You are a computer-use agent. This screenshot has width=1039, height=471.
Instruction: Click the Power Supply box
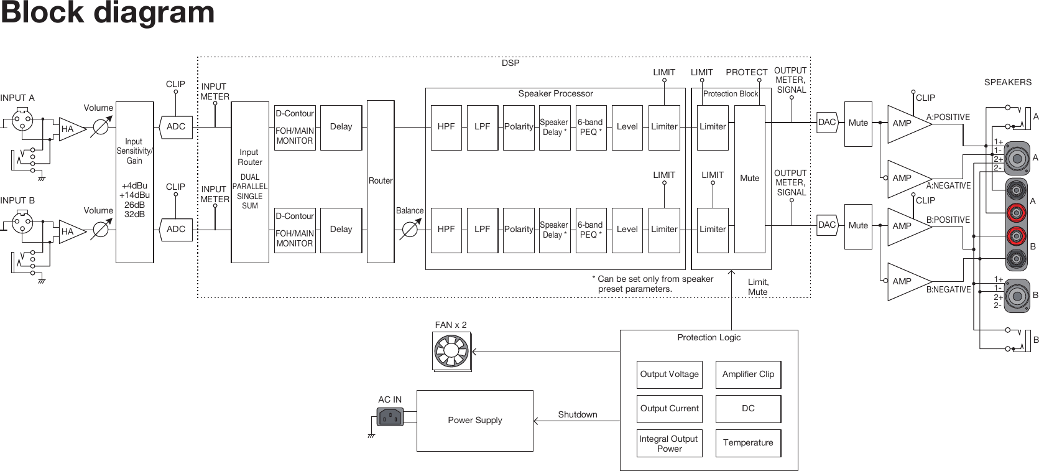click(x=474, y=421)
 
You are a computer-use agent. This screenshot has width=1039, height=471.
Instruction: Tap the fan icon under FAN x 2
click(x=451, y=352)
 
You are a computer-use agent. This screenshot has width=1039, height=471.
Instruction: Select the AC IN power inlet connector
click(x=390, y=416)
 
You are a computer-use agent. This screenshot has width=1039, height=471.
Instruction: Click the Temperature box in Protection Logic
click(x=748, y=442)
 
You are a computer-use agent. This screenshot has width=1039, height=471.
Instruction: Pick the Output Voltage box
click(x=669, y=375)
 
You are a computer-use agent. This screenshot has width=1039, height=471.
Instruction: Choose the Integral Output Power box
click(x=669, y=443)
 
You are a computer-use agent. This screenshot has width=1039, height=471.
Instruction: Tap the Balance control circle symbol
click(x=409, y=230)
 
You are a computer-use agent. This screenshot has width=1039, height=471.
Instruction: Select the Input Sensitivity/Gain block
click(x=134, y=182)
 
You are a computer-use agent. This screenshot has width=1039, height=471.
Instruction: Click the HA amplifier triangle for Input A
click(x=70, y=129)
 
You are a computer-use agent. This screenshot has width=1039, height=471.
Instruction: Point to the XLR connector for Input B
click(x=22, y=223)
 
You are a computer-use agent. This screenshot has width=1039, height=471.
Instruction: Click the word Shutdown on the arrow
click(x=577, y=414)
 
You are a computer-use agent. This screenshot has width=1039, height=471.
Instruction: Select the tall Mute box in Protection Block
click(x=749, y=179)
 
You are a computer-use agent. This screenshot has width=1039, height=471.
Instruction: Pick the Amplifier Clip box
click(x=748, y=375)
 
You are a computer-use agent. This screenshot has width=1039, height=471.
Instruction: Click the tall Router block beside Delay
click(x=380, y=181)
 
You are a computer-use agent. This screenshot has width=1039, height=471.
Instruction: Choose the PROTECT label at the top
click(x=746, y=72)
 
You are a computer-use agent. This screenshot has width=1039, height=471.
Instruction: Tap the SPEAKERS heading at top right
click(x=1007, y=82)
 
